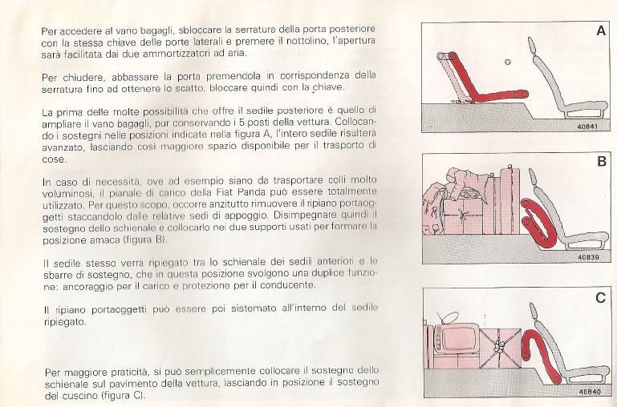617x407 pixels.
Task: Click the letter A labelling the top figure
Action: pos(600,31)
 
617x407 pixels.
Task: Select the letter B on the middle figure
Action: pos(600,162)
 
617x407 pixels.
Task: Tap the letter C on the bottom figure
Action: pos(600,298)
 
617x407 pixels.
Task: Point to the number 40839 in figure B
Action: pos(589,257)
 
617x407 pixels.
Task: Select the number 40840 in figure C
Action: pos(589,392)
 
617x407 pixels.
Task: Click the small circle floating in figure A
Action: pos(507,62)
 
